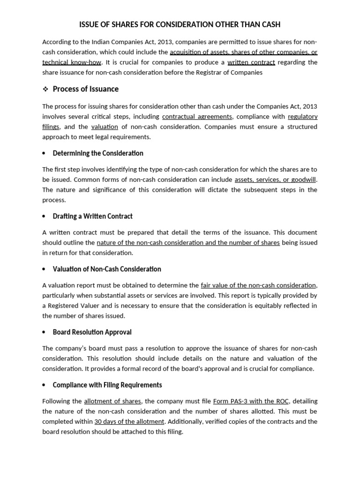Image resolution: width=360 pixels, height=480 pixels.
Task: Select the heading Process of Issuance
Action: coord(86,89)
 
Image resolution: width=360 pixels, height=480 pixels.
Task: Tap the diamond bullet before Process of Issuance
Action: coord(45,89)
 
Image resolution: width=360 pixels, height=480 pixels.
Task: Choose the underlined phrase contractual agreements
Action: coord(197,116)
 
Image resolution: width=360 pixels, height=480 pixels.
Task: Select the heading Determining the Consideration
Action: coord(98,153)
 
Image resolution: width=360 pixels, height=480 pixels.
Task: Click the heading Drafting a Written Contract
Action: coord(93,216)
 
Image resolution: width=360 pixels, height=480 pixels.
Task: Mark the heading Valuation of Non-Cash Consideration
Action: coord(107,269)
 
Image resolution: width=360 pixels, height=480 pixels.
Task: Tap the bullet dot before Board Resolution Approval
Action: coord(44,332)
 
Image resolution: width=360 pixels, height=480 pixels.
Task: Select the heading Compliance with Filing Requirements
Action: coord(107,385)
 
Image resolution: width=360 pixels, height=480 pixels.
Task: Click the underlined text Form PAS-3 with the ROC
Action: coord(251,401)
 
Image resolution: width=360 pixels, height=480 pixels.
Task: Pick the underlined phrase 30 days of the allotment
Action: coord(129,421)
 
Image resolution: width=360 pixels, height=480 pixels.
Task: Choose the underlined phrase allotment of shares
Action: coord(112,401)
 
